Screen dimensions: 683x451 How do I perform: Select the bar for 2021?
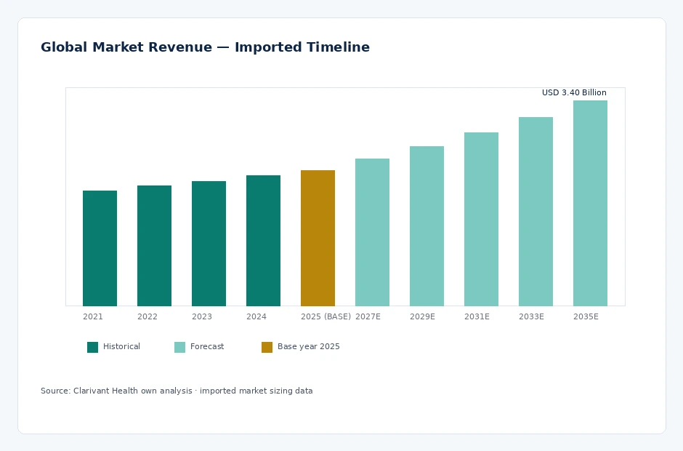(x=100, y=248)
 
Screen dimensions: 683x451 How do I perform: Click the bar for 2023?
(x=209, y=244)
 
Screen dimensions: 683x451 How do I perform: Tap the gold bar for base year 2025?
(x=318, y=238)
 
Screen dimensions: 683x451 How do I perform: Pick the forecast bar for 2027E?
(x=373, y=233)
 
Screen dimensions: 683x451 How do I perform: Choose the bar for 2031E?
(x=481, y=220)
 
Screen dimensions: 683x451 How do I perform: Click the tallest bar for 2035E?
(x=590, y=203)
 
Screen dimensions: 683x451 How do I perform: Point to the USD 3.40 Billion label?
(x=574, y=92)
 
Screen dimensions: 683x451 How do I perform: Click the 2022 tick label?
(x=147, y=316)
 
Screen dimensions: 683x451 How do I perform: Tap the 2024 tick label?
(x=256, y=316)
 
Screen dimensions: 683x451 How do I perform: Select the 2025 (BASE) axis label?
(x=326, y=316)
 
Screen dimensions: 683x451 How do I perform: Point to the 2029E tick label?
(x=422, y=316)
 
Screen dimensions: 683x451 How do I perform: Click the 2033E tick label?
(x=531, y=316)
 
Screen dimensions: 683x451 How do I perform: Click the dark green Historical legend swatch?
(x=93, y=347)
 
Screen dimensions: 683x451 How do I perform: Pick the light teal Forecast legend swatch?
(x=180, y=347)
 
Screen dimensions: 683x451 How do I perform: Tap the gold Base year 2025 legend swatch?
(x=267, y=347)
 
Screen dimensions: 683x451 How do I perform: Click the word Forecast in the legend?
(x=207, y=346)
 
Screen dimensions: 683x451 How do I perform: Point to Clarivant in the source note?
(x=91, y=391)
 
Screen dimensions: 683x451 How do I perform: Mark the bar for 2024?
(x=263, y=241)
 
